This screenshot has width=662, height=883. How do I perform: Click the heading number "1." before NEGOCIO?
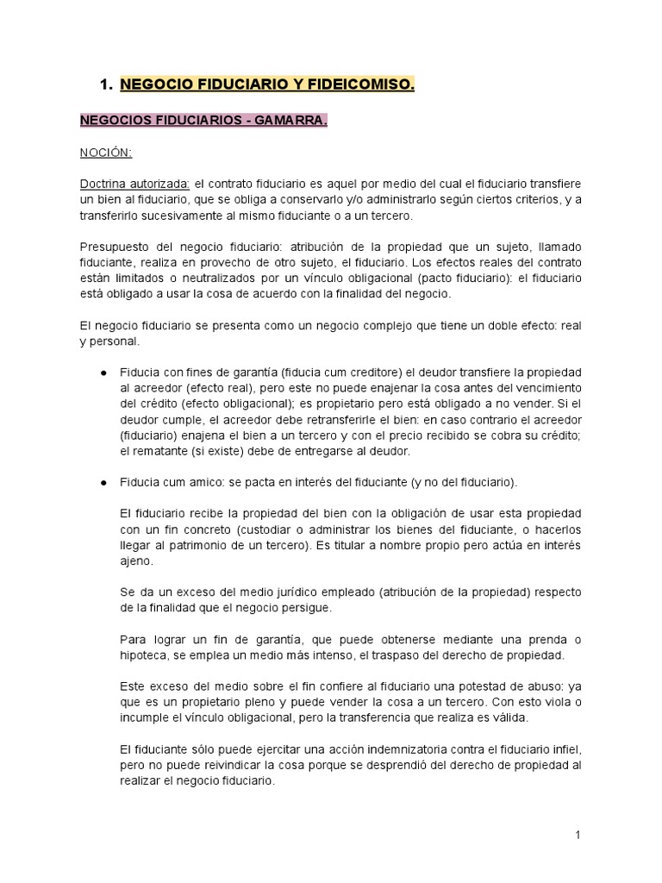pyautogui.click(x=107, y=85)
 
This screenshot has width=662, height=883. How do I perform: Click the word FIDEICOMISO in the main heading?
pyautogui.click(x=361, y=85)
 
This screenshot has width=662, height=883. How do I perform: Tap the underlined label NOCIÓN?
pyautogui.click(x=107, y=153)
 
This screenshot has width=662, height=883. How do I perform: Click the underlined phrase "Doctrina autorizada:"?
pyautogui.click(x=135, y=184)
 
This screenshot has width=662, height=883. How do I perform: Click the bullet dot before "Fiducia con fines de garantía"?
pyautogui.click(x=103, y=372)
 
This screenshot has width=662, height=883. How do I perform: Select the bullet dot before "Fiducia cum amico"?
pyautogui.click(x=103, y=480)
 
